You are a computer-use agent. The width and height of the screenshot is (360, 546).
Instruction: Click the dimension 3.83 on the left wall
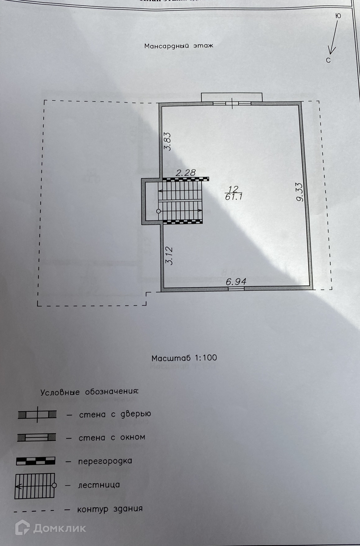(168, 142)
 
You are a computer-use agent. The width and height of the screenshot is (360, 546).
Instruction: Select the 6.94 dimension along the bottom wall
(236, 282)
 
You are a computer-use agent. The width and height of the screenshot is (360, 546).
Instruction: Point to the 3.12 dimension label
(169, 256)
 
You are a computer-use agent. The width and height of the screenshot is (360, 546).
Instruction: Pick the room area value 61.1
(233, 197)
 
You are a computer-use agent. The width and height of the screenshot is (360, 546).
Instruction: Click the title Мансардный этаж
(178, 46)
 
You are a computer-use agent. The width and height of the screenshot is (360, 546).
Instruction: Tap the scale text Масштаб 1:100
(184, 358)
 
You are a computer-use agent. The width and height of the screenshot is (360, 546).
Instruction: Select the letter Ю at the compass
(338, 16)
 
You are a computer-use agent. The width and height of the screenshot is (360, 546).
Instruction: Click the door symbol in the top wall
(232, 103)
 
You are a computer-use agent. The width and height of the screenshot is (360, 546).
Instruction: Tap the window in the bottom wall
(236, 289)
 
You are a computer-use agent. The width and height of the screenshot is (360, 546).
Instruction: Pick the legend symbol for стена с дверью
(37, 414)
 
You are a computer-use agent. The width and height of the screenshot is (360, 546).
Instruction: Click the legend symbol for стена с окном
(36, 437)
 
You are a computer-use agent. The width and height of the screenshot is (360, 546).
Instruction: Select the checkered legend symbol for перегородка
(36, 461)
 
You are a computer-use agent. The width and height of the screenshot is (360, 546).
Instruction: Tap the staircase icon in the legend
(35, 485)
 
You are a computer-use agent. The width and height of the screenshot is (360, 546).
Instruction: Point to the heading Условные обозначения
(89, 392)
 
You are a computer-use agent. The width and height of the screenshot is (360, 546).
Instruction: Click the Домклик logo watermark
(51, 528)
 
